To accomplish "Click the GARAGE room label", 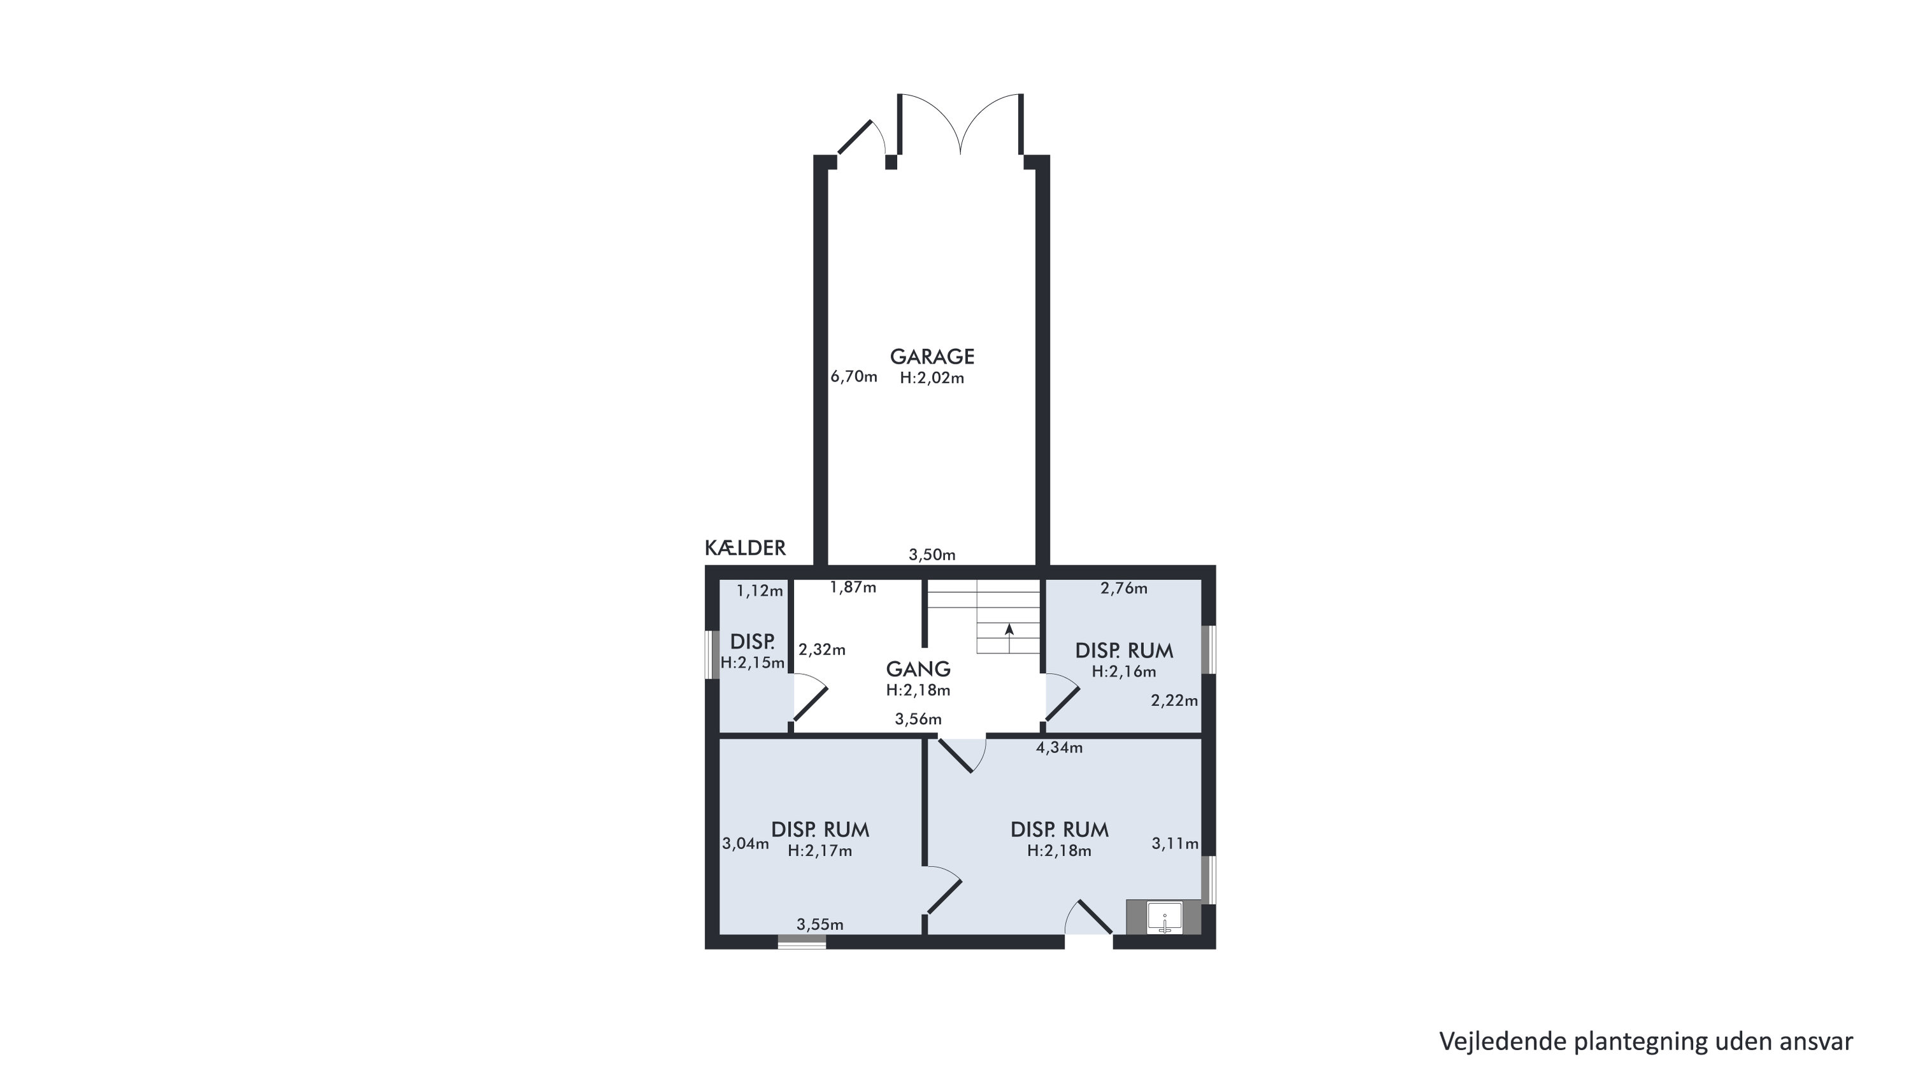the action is coord(932,357).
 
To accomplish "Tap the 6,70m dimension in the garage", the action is coord(854,377).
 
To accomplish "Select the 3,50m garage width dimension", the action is coord(932,555).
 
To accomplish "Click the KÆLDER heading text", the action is coord(745,548).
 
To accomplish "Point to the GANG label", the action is coord(918,669).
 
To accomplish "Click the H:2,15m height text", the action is coord(753,663).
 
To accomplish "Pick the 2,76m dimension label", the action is coord(1124,589).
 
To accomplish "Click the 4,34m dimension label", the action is coord(1059,748).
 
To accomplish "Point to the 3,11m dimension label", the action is coord(1175,844).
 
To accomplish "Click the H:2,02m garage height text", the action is coord(932,378).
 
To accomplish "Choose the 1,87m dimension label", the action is coord(853,588).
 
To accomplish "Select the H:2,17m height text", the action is coord(819,851).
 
